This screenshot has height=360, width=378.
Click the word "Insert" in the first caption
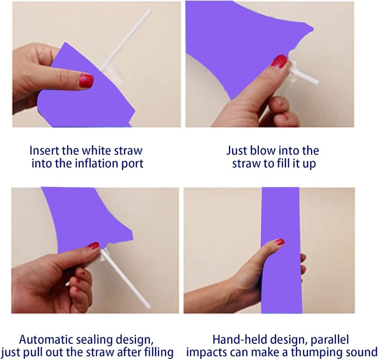click(44, 151)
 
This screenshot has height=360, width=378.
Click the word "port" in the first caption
click(132, 164)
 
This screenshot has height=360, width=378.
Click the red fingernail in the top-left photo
click(86, 80)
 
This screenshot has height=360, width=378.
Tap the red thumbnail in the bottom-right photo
click(279, 242)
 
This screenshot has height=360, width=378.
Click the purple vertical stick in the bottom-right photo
click(281, 250)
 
